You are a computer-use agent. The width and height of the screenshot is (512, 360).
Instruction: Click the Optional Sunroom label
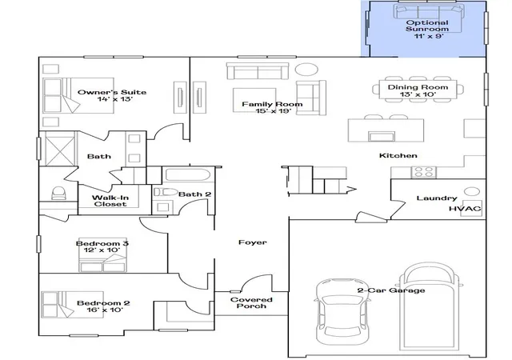[x=427, y=29]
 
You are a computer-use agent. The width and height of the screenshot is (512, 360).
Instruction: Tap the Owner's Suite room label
[x=112, y=95]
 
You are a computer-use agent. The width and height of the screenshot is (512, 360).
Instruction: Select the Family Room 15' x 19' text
[x=272, y=107]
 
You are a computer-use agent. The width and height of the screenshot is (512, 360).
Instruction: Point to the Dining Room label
[x=418, y=87]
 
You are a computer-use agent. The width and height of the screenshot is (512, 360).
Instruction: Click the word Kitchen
[x=398, y=155]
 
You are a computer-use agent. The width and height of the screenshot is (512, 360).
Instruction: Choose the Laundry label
[x=437, y=198]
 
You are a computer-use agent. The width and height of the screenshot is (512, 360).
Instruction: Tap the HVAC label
[x=465, y=209]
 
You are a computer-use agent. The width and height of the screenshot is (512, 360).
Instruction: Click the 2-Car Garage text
[x=391, y=290]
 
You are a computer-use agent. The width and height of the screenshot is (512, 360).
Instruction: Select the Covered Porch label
[x=251, y=303]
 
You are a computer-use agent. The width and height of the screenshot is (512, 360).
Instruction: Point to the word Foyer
[x=253, y=242]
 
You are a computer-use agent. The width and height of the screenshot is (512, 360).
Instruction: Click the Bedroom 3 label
[x=102, y=243]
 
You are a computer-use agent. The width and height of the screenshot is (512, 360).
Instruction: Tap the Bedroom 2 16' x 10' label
[x=103, y=306]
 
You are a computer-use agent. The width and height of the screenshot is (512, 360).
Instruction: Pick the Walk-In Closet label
[x=110, y=201]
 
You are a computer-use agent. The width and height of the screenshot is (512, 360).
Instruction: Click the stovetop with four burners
[x=424, y=172]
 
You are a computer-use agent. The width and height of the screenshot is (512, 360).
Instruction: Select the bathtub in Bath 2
[x=186, y=174]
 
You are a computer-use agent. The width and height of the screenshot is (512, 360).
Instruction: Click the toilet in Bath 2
[x=166, y=192]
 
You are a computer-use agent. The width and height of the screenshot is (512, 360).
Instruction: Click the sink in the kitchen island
[x=382, y=136]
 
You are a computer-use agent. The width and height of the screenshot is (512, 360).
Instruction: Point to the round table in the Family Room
[x=306, y=70]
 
